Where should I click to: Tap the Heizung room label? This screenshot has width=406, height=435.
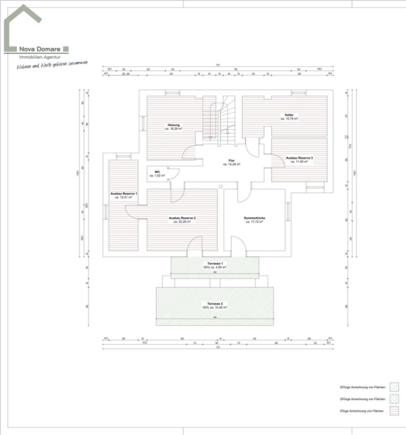pos(173,125)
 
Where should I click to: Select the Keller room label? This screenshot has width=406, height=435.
pos(289,115)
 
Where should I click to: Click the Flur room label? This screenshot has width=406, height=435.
pos(231,161)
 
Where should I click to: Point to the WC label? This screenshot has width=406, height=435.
pos(157,172)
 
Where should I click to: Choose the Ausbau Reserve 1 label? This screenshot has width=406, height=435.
pos(123,193)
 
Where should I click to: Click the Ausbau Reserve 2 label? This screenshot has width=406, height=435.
pos(182,218)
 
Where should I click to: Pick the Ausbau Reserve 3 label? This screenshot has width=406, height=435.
pos(299,158)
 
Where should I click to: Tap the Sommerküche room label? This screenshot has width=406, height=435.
pos(254,218)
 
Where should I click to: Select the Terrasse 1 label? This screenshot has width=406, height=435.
pos(214,264)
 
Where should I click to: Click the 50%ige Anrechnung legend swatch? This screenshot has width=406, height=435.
pos(394,387)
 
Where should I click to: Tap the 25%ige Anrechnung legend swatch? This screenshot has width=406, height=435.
pos(394,399)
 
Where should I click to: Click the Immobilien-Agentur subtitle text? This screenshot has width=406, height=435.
pos(37,57)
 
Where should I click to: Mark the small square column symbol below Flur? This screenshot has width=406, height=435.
pos(220,186)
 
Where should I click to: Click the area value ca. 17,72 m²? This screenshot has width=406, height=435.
pos(254,222)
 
